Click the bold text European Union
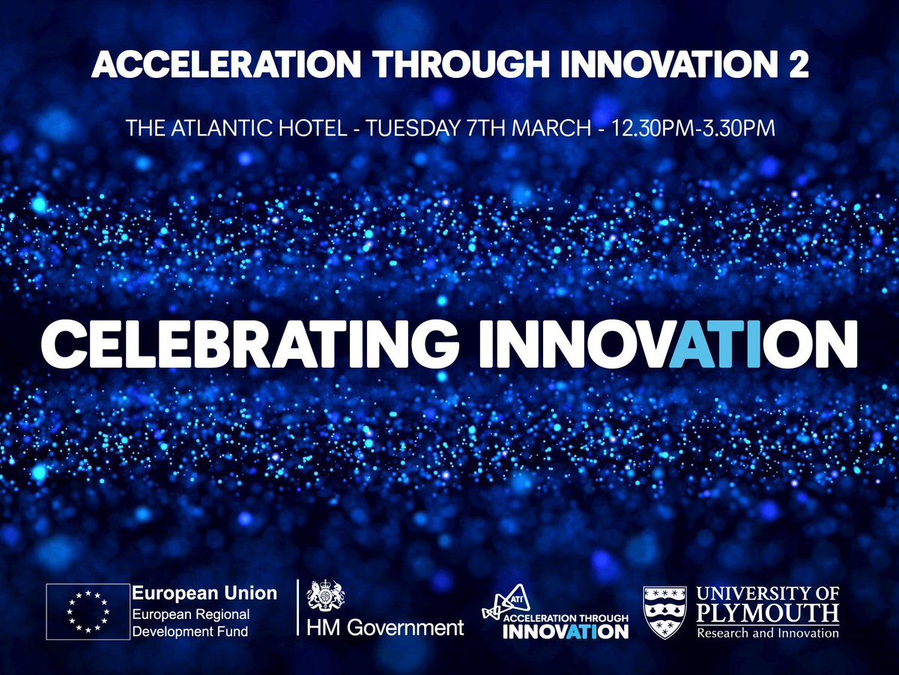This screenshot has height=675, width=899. [205, 593]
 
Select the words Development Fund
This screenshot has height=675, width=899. [190, 632]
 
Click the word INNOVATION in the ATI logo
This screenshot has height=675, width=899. [566, 632]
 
